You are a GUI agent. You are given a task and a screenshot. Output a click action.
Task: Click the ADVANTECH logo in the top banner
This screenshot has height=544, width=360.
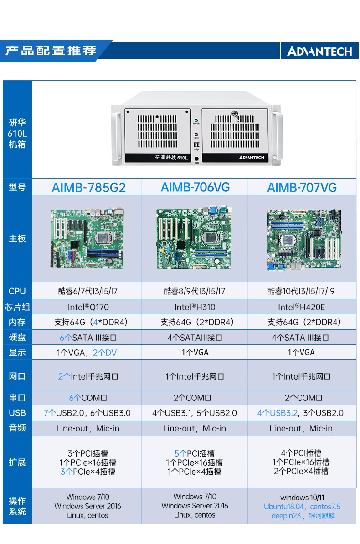[x=319, y=51]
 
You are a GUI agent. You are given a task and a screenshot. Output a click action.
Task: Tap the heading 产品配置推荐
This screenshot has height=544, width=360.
[x=51, y=50]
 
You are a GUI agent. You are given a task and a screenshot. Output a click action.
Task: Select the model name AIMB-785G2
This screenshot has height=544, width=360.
[x=88, y=187]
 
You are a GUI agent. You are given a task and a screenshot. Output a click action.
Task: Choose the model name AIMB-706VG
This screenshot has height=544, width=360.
[x=195, y=187]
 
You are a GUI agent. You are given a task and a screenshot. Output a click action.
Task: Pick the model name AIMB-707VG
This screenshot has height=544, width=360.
[x=302, y=187]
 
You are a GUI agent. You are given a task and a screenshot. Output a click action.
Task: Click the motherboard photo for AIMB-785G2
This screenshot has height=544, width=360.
[x=87, y=238]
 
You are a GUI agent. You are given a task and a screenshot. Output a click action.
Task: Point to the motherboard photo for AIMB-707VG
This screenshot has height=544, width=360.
[x=303, y=240]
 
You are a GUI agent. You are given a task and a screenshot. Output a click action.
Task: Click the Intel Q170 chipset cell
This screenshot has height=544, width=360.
[x=88, y=307]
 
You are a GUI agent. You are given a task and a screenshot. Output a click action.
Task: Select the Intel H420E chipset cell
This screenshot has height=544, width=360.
[x=302, y=307]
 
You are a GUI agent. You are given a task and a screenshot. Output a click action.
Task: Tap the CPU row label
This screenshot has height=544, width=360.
[x=17, y=291]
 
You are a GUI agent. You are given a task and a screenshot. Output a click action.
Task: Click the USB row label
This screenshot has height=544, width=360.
[x=17, y=413]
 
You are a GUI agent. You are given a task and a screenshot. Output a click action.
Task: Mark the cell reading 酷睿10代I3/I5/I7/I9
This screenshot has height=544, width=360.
[x=302, y=291]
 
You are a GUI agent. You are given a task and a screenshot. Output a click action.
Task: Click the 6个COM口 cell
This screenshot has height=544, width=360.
[x=88, y=398]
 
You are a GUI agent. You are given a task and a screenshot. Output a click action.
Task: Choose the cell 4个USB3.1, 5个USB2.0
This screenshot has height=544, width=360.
[x=195, y=413]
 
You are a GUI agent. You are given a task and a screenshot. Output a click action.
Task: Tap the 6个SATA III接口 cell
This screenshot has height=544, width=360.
[x=88, y=338]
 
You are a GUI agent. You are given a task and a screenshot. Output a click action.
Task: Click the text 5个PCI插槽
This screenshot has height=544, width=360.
[x=194, y=453]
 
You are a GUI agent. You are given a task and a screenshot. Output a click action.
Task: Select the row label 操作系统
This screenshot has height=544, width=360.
[x=17, y=506]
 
